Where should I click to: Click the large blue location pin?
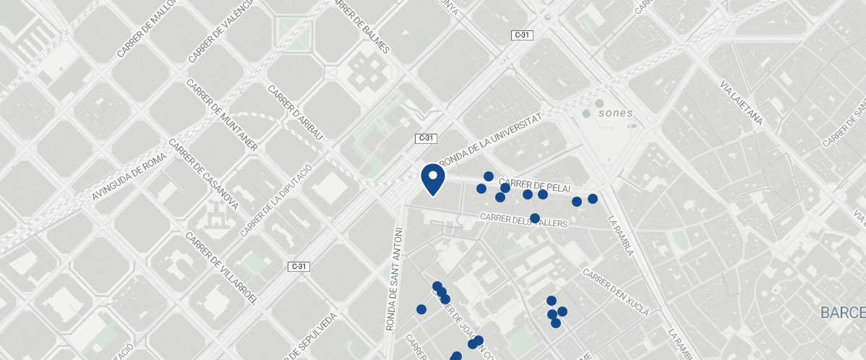[432, 179]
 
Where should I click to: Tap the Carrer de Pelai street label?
[530, 184]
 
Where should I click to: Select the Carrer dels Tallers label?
[524, 220]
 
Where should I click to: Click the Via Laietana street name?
[741, 104]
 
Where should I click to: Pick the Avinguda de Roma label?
[130, 178]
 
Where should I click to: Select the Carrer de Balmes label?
[361, 27]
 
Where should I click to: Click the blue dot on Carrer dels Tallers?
[535, 218]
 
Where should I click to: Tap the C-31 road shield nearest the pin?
[426, 138]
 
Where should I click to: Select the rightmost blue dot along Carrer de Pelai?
[593, 199]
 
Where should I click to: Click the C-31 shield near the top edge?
[522, 35]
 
